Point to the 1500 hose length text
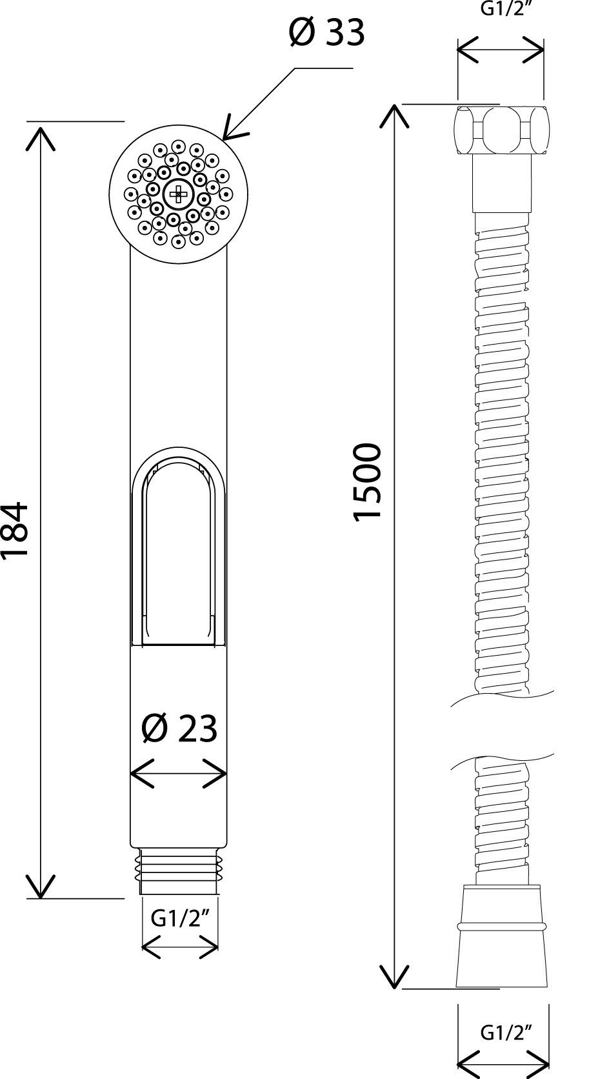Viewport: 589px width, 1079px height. tap(367, 481)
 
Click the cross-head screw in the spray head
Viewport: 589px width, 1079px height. tap(178, 194)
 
